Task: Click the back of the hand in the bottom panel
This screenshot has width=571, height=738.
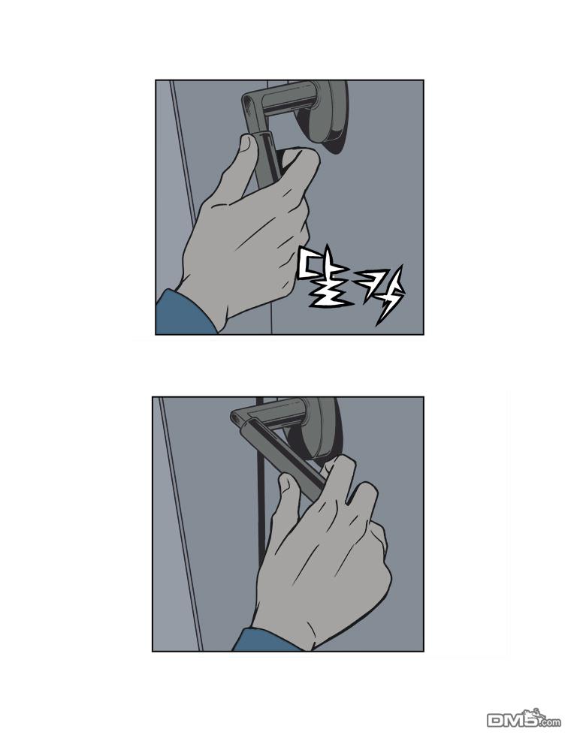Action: coord(323,578)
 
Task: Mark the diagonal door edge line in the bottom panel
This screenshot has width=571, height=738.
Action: coord(180,526)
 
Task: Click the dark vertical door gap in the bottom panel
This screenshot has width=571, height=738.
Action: coord(260,480)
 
